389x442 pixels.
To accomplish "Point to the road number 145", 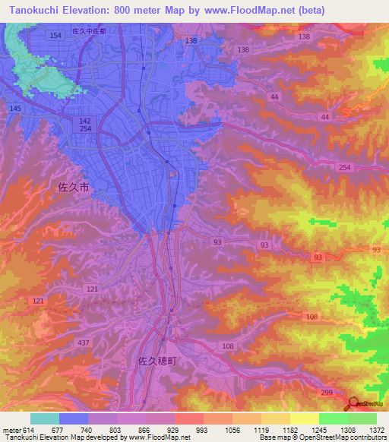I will point(15,109).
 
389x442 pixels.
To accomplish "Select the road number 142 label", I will point(85,121).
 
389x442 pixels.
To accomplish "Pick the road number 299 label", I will point(327,391).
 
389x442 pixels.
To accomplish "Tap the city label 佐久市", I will point(74,186).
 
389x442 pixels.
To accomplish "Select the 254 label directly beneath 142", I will point(85,130).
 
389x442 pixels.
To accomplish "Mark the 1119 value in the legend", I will point(262,430).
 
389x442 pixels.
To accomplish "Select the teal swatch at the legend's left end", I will point(45,418).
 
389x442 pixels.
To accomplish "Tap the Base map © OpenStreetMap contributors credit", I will point(322,438).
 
